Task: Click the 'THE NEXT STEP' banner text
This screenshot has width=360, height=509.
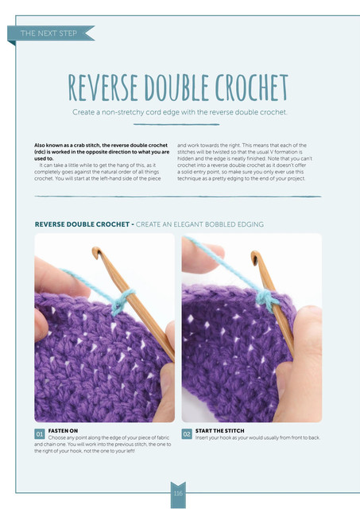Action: [48, 33]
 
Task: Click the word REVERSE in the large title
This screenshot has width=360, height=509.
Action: [103, 87]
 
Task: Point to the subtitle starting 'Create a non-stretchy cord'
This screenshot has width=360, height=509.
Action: [180, 112]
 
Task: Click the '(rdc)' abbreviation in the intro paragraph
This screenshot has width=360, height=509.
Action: [40, 152]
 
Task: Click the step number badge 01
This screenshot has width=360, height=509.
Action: [40, 434]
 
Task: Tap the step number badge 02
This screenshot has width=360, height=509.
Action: [187, 434]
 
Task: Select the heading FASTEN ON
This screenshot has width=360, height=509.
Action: [63, 431]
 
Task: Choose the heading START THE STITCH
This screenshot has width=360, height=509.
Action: [219, 431]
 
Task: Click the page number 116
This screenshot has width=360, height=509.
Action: [178, 493]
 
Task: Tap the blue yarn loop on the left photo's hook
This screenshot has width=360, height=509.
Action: [122, 301]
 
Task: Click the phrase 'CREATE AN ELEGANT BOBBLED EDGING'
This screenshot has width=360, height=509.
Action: [199, 224]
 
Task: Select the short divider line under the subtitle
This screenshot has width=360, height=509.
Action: [176, 124]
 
